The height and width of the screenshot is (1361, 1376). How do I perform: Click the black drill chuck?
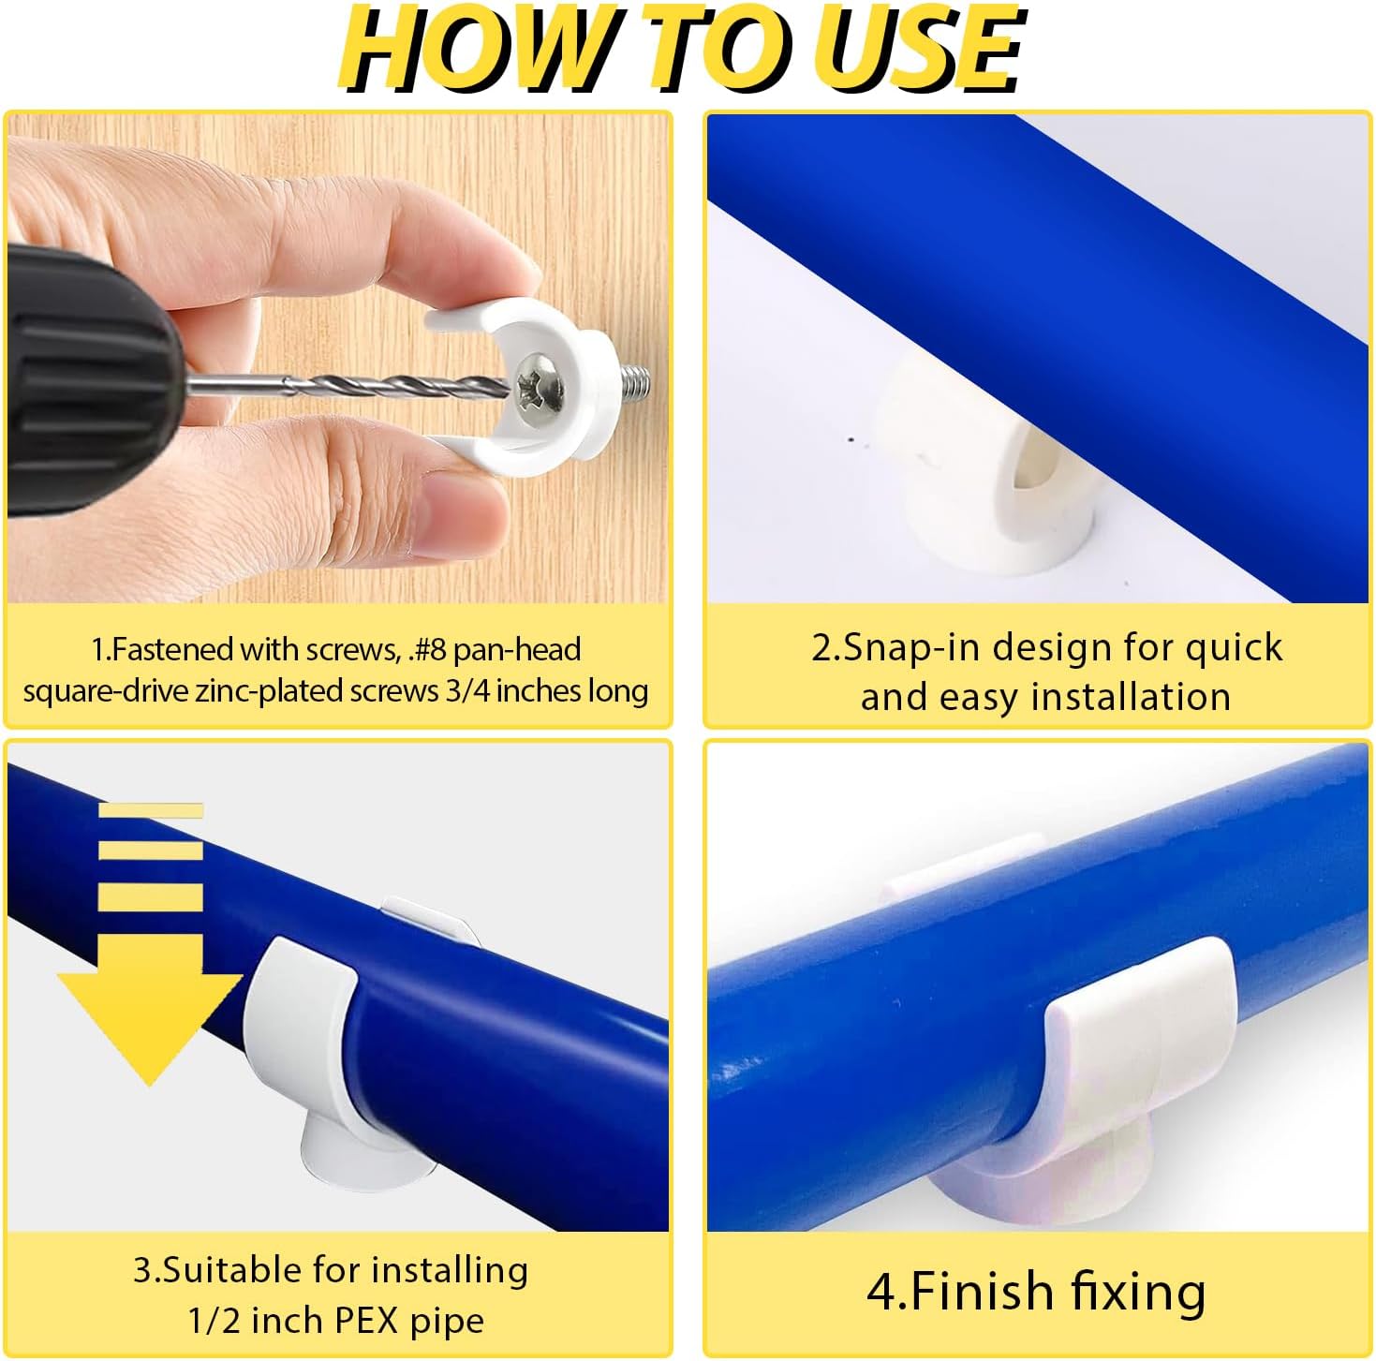point(85,378)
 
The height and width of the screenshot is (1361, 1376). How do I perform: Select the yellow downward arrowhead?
point(150,1028)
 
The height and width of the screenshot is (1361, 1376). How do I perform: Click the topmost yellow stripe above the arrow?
point(151,809)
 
